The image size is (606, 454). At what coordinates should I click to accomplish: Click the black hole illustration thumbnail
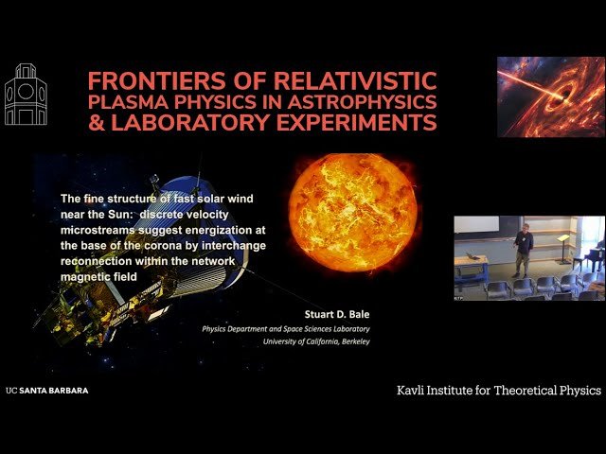click(550, 96)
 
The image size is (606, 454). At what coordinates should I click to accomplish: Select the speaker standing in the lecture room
click(522, 249)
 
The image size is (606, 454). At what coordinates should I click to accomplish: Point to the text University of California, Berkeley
click(316, 340)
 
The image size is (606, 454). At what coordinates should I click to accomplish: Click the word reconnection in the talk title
click(98, 261)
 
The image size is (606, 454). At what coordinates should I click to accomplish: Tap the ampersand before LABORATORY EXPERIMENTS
click(102, 123)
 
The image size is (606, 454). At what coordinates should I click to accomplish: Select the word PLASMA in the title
click(124, 101)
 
